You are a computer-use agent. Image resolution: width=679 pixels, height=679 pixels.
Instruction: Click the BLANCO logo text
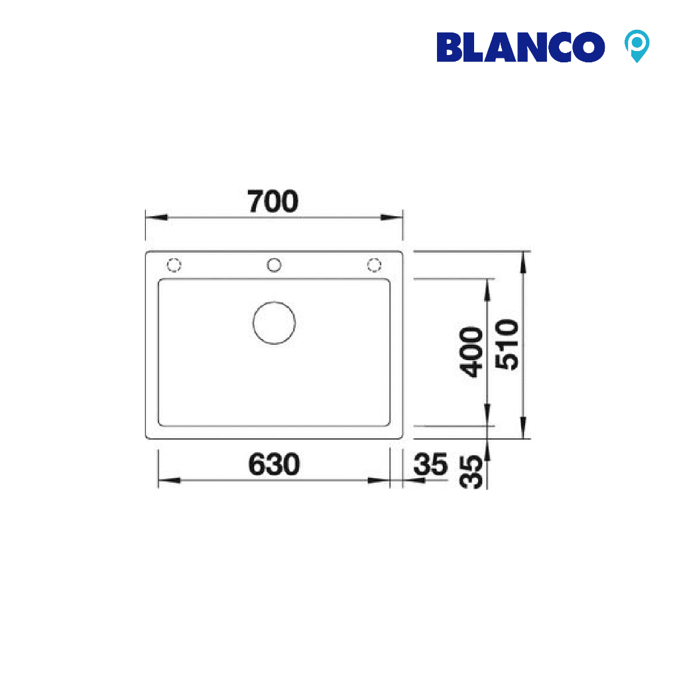click(x=521, y=47)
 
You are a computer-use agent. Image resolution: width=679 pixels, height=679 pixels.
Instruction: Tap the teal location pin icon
click(x=637, y=46)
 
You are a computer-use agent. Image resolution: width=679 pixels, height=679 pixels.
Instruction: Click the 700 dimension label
click(x=273, y=202)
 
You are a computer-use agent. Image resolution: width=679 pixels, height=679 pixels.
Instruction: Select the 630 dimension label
click(x=274, y=464)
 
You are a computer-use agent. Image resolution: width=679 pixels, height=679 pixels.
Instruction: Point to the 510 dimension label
click(x=507, y=345)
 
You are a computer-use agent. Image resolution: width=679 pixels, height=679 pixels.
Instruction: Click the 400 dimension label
click(x=471, y=352)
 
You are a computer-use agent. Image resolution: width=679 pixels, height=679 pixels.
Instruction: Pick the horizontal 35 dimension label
click(x=430, y=464)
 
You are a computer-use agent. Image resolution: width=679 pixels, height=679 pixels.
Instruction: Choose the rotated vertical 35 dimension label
click(x=471, y=472)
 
